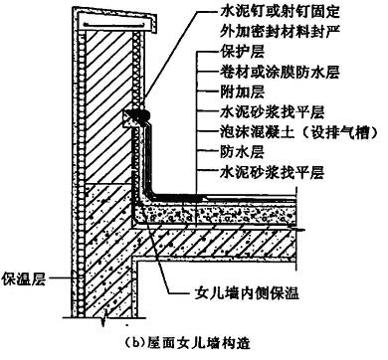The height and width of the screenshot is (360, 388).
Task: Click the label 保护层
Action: click(242, 52)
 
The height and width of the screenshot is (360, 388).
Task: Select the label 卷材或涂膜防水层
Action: click(280, 72)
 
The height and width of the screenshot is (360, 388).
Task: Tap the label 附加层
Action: click(242, 91)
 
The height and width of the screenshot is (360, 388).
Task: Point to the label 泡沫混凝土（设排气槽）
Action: click(298, 132)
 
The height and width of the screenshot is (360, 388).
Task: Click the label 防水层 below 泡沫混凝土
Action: click(242, 152)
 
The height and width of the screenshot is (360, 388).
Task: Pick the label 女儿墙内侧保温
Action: click(247, 293)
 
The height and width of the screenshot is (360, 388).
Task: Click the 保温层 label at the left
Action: click(23, 278)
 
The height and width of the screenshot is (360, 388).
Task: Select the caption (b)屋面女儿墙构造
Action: click(187, 342)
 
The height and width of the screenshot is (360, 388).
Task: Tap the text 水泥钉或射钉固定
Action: click(280, 12)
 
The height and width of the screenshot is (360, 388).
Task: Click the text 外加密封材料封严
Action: click(280, 32)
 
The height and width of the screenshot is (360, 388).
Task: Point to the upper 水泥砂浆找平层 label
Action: click(272, 112)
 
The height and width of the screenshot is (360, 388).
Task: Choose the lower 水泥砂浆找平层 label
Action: click(272, 172)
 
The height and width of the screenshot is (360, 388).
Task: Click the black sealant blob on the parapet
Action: click(140, 114)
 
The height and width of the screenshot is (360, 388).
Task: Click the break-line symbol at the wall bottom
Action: click(105, 317)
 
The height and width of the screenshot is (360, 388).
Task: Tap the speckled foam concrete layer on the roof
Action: click(216, 215)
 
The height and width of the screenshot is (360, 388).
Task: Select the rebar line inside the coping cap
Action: click(114, 25)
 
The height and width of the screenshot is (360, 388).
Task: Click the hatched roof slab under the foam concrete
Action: click(216, 242)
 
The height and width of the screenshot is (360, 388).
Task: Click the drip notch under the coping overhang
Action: click(154, 32)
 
